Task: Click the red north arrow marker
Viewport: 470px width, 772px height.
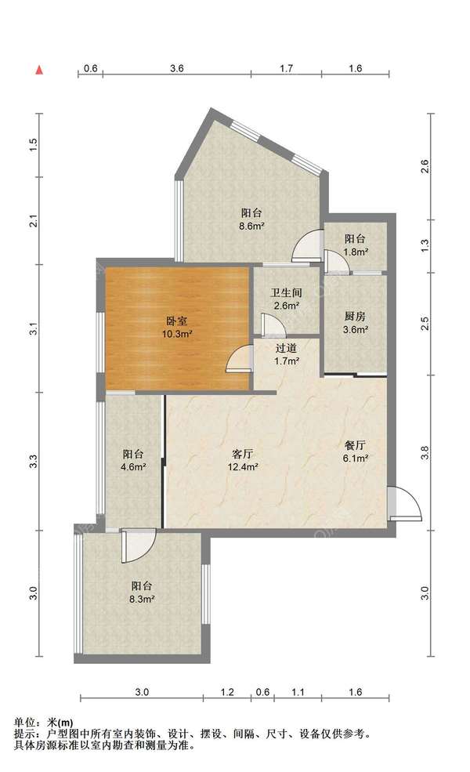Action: click(39, 71)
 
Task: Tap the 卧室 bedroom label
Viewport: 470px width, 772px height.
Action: click(177, 321)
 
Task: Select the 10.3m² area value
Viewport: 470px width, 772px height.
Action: click(177, 335)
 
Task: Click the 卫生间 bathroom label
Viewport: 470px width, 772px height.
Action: click(287, 292)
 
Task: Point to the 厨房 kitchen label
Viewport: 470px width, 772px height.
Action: click(354, 317)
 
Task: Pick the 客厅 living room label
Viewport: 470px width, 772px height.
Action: click(242, 454)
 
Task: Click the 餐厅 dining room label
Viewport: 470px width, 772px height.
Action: click(355, 445)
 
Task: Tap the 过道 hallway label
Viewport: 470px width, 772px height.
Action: click(286, 348)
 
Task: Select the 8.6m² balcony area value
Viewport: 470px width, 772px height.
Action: click(252, 227)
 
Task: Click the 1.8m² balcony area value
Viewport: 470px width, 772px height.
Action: click(356, 252)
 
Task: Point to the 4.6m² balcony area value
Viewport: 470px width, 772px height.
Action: click(133, 467)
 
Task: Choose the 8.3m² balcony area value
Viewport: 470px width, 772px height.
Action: click(143, 600)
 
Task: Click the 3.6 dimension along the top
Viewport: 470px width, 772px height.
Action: click(177, 68)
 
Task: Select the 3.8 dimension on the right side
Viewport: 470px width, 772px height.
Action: click(425, 452)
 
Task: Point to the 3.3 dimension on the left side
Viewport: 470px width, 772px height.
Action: click(33, 462)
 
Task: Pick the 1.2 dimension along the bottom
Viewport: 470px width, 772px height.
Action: click(227, 692)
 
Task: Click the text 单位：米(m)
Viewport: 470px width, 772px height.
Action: click(43, 723)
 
